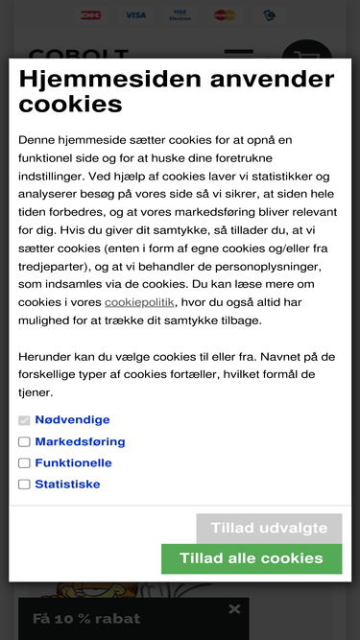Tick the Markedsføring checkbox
click(24, 442)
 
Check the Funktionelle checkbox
click(24, 463)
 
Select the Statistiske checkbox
click(24, 485)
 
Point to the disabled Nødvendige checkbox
click(24, 420)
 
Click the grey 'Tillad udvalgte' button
click(269, 529)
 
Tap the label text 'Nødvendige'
click(72, 420)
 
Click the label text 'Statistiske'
click(67, 485)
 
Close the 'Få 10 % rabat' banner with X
click(234, 609)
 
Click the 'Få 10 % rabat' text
click(86, 619)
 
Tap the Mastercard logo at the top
click(225, 15)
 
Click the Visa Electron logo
click(180, 15)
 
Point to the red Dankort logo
click(91, 15)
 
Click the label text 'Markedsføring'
click(80, 442)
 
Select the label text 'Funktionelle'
click(73, 463)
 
